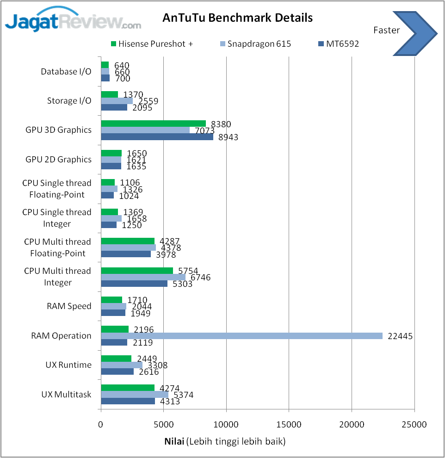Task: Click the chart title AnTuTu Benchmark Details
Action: coord(237,18)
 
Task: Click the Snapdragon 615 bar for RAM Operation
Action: coord(241,336)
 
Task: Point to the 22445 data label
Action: coord(400,336)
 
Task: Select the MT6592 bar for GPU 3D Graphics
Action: coord(157,137)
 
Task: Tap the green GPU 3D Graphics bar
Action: coord(153,124)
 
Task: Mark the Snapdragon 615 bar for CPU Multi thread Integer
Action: coord(143,277)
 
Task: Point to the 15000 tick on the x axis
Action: coord(289,424)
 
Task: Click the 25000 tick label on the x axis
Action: coord(414,424)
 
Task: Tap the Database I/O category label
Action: coord(66,72)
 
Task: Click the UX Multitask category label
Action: coord(66,395)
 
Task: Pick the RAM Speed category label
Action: coord(69,306)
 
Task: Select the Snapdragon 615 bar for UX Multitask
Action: coord(135,395)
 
